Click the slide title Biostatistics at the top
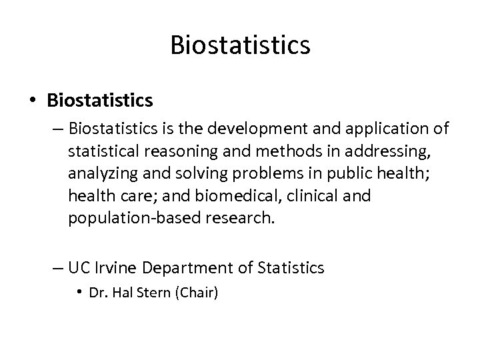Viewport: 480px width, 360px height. pyautogui.click(x=240, y=45)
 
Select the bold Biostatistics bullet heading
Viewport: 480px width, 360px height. pyautogui.click(x=100, y=101)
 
